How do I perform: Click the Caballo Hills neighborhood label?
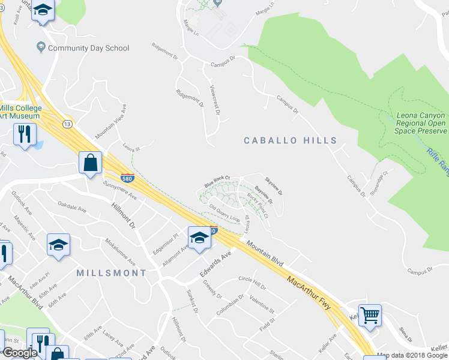click(x=291, y=140)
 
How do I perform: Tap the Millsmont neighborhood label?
click(x=112, y=273)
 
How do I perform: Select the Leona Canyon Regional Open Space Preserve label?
click(x=421, y=123)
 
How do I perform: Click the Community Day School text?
click(x=88, y=48)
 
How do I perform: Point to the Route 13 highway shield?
click(x=67, y=123)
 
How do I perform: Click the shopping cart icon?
click(x=370, y=314)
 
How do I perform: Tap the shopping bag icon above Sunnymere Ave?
click(x=90, y=163)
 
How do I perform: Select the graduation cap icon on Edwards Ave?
click(x=199, y=237)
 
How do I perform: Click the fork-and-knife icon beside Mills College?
click(x=24, y=133)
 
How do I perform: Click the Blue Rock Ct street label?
click(x=217, y=180)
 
